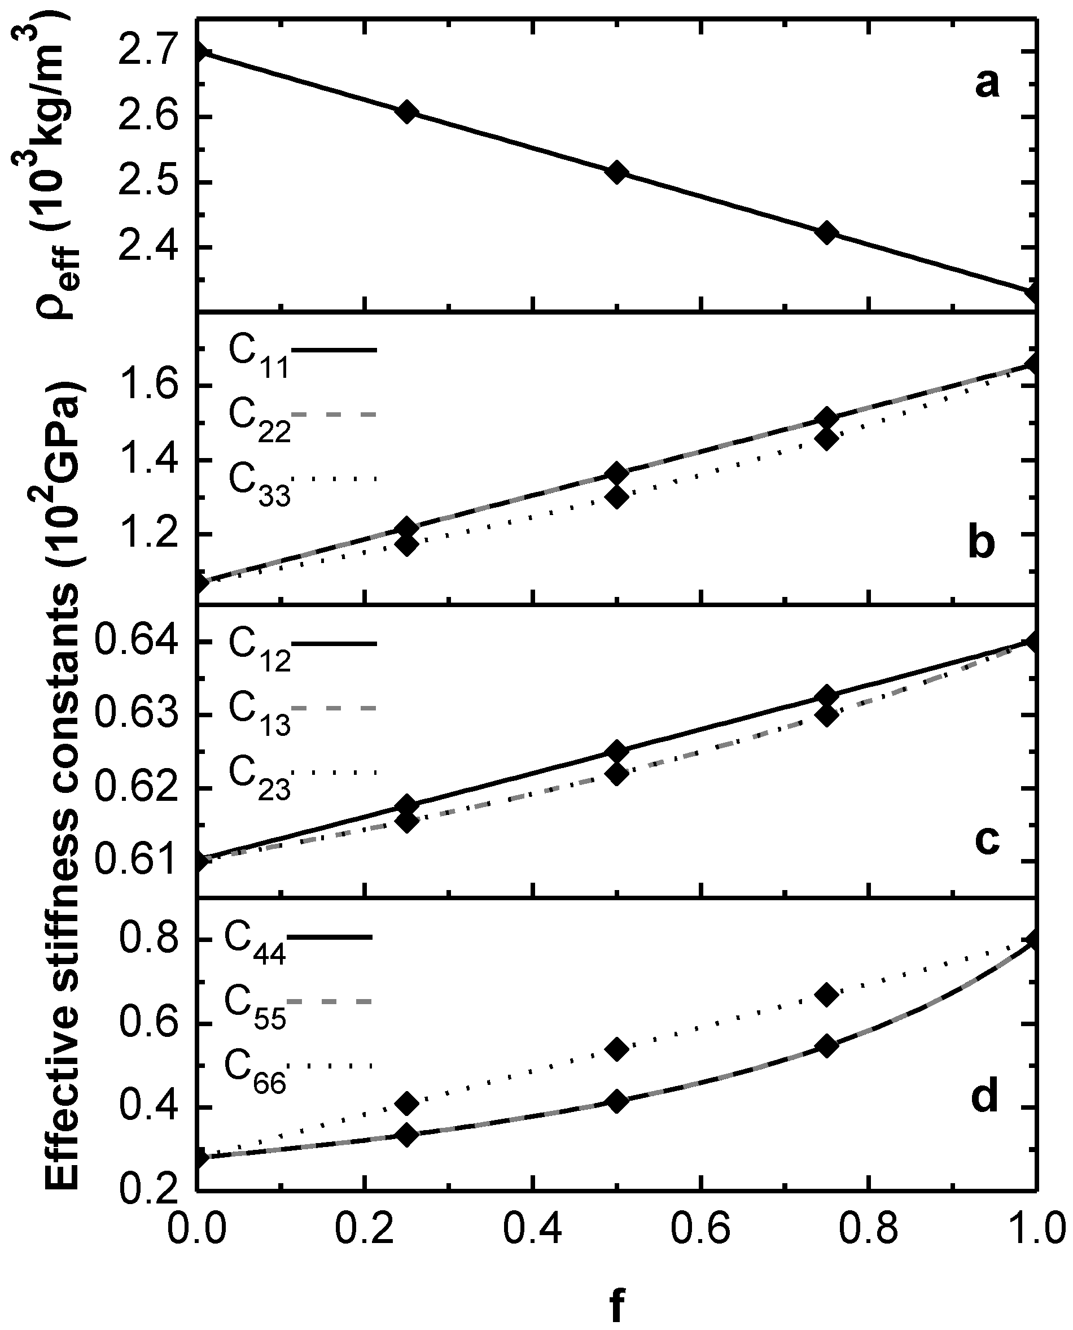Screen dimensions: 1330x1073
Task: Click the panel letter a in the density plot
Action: point(987,84)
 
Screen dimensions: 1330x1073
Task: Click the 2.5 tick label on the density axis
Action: point(147,182)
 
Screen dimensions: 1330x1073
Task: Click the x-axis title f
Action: point(617,1302)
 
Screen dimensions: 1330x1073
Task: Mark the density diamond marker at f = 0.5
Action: point(616,172)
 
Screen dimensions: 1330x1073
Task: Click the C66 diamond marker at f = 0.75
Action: point(826,995)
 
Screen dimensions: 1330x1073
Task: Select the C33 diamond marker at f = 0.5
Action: point(616,496)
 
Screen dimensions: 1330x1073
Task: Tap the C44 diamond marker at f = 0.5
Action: point(616,1101)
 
